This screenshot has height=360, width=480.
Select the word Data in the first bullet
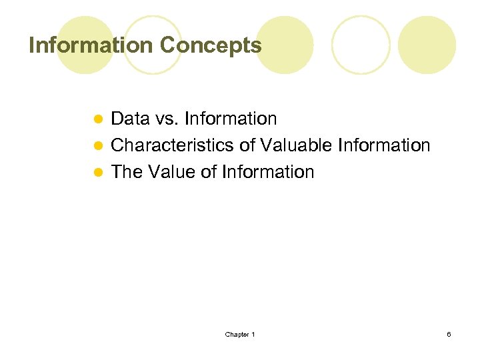(130, 119)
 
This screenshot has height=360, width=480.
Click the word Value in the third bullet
(170, 172)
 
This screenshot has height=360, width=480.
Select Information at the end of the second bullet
(385, 145)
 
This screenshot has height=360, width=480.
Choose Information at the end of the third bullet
(268, 172)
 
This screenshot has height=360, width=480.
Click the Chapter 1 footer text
(240, 334)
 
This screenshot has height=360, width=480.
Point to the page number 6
(449, 334)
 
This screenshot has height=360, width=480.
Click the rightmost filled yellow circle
(427, 45)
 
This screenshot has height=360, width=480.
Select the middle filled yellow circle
(285, 45)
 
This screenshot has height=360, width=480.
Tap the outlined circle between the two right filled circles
(361, 45)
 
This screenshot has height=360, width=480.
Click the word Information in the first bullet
(231, 119)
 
